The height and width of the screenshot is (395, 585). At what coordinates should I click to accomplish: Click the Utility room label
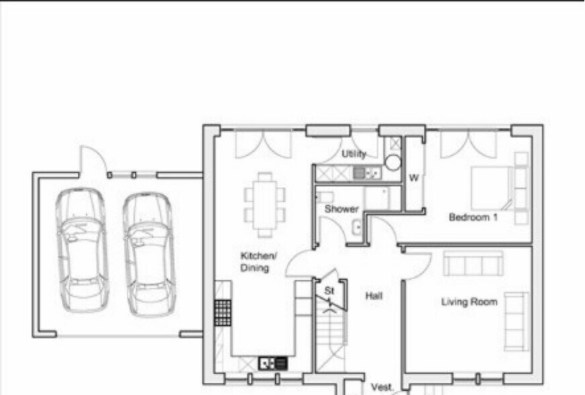coord(354,154)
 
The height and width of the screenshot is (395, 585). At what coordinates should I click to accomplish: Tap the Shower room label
coord(341,209)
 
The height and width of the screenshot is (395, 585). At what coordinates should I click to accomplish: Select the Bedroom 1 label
coord(473,217)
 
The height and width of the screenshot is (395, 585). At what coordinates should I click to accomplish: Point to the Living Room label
coord(469,302)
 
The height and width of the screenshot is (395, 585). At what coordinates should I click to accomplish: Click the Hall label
coord(374,296)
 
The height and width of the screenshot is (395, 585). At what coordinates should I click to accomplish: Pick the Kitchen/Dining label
coord(258,261)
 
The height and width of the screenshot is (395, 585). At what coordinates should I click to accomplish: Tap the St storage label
coord(329,290)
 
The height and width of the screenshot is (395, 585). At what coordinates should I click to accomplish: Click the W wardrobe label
coord(414,178)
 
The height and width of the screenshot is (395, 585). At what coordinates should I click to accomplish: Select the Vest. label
coord(382,387)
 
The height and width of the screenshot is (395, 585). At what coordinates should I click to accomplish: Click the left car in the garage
coord(82,251)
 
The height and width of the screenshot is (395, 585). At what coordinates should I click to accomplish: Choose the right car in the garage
coord(149,255)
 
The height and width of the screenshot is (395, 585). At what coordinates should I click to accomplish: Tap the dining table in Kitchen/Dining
coord(265,205)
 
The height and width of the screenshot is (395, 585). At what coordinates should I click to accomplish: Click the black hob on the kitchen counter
coord(223,312)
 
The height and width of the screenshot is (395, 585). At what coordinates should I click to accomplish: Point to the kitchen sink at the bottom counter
coord(273,363)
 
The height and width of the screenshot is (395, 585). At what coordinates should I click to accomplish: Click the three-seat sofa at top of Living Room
coord(473,263)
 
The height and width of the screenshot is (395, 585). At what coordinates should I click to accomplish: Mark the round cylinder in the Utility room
coord(393,163)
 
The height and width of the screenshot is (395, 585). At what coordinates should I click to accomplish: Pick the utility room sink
coord(367,173)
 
